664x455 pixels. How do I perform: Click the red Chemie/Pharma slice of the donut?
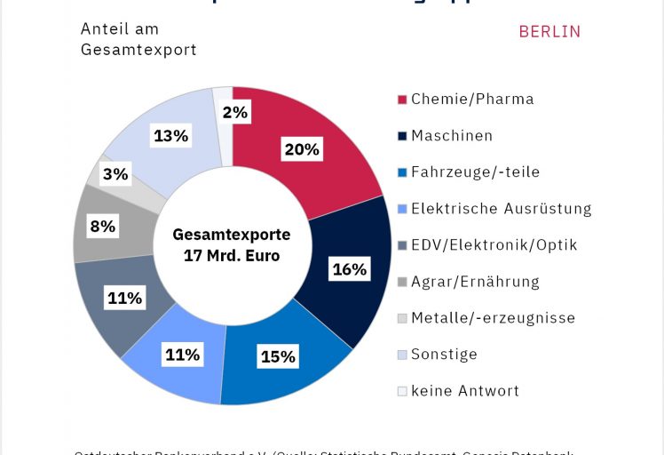coord(328,169)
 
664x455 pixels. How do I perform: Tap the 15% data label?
coord(278,357)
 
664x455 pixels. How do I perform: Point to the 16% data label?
coord(349,269)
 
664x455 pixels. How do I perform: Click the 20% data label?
coord(301,149)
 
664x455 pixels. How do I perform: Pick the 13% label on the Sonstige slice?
coord(170,136)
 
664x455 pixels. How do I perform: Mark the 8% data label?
coord(103,226)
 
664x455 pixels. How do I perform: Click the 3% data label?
coord(115,174)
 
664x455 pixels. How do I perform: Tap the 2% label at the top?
coord(235,112)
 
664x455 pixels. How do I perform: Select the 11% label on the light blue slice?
coord(182,355)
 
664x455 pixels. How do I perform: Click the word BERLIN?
coord(549,32)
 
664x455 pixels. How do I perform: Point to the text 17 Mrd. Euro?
coord(232,256)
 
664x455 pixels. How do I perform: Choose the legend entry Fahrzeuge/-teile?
coord(475,172)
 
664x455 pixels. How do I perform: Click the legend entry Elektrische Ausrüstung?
coord(501,209)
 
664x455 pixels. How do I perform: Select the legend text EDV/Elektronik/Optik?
coord(494,245)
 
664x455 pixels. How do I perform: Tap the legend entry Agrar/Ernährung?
coord(475,282)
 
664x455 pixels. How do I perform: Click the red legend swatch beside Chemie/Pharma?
coord(402,100)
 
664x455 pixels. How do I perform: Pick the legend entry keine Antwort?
coord(465,391)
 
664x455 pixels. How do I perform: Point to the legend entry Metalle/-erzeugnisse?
coord(493,318)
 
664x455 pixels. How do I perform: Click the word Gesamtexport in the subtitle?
coord(138,50)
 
